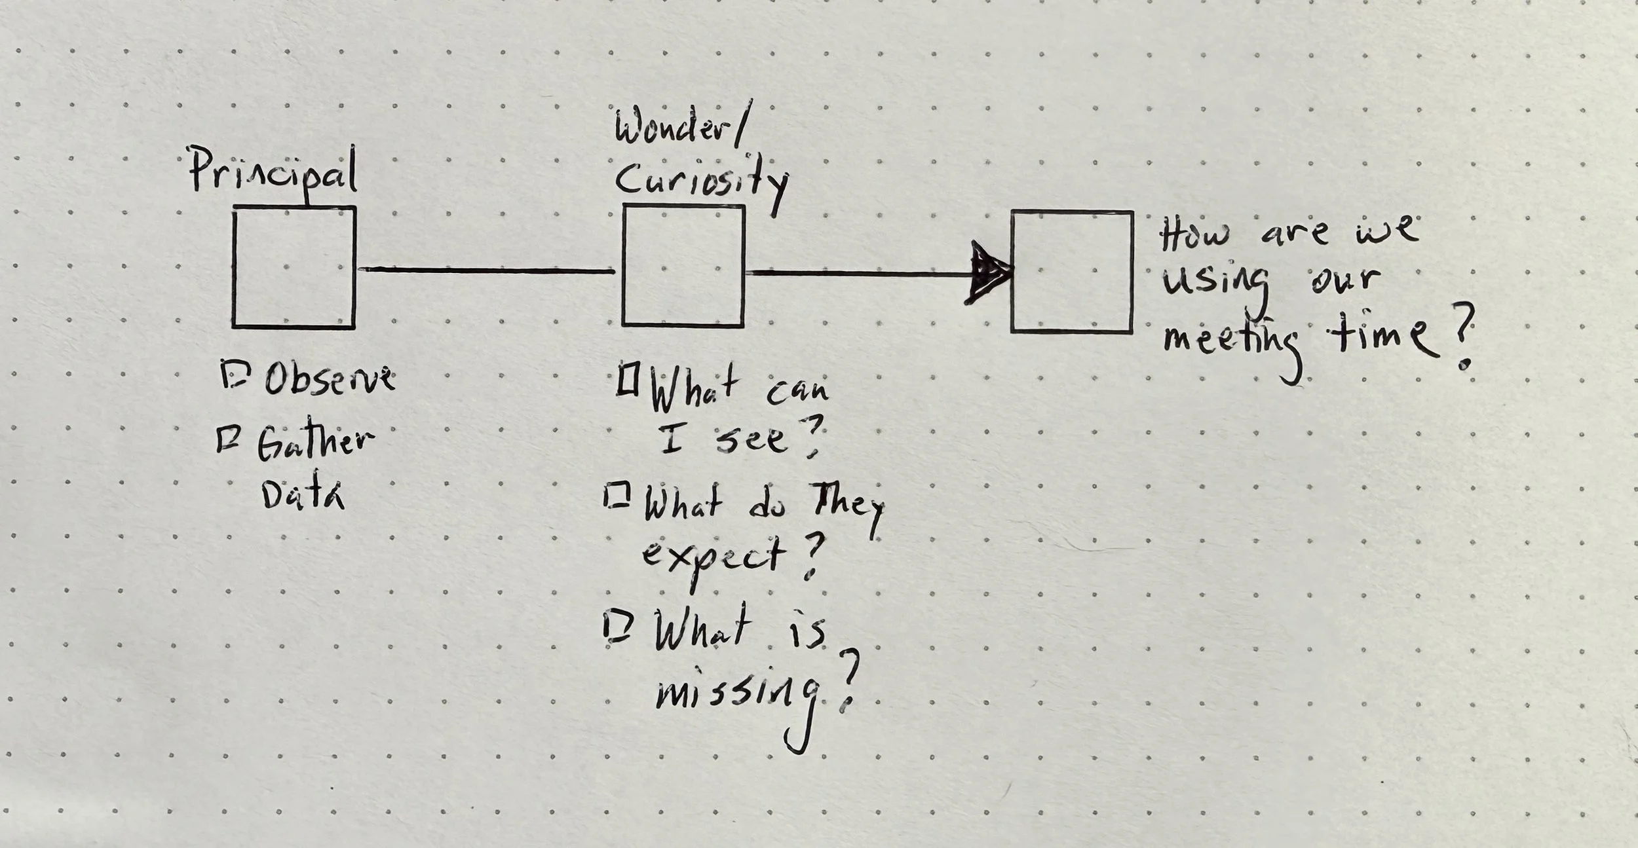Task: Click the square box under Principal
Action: (x=294, y=267)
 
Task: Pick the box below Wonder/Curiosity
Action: (x=683, y=265)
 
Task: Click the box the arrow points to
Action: (x=1072, y=271)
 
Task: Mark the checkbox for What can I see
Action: (x=627, y=380)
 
